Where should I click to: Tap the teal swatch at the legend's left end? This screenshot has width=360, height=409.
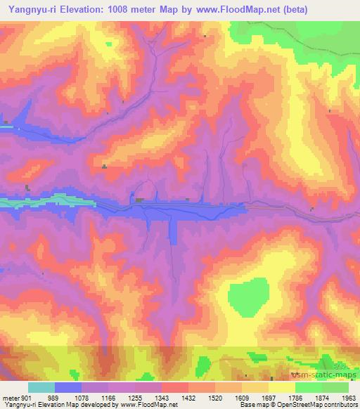pyautogui.click(x=41, y=387)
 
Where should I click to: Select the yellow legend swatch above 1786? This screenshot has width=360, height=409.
pyautogui.click(x=281, y=387)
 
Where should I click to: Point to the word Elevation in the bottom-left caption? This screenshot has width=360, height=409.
pyautogui.click(x=47, y=405)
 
